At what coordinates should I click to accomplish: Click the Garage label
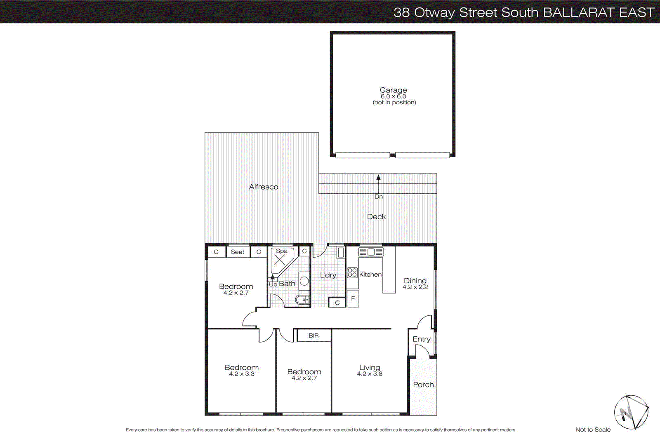coord(393,90)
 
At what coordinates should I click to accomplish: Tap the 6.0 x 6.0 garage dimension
coord(393,96)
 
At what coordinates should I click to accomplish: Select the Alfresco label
coord(263,187)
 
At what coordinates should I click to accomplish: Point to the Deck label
coord(376,217)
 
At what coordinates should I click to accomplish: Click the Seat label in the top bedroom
coord(238,252)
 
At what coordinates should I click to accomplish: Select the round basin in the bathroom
coord(304,281)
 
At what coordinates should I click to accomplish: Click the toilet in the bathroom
coord(302,300)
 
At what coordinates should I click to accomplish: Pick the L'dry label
coord(328,275)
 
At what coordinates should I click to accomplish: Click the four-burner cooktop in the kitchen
coord(352,272)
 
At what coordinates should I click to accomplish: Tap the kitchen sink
coord(371,252)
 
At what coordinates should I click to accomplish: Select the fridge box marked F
coord(353,298)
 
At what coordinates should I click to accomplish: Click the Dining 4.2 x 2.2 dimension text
coord(415,287)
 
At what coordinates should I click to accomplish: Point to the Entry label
coord(421,339)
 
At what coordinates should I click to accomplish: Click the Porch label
coord(423,385)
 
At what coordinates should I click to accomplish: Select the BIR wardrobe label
coord(313,336)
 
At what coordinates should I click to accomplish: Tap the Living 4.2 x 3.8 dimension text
coord(370,374)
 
